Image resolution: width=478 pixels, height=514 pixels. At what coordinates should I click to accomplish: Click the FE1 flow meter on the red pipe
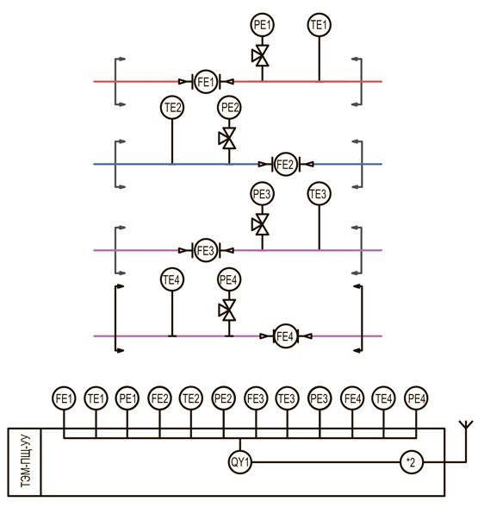coord(206,82)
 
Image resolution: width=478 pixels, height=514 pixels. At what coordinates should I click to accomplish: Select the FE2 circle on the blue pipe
coord(285,164)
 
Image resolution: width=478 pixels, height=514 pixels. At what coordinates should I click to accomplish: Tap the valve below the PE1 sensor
coord(262,56)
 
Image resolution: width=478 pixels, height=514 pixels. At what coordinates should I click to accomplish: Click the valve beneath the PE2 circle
coord(228,138)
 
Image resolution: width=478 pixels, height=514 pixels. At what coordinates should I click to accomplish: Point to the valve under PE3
coord(262,224)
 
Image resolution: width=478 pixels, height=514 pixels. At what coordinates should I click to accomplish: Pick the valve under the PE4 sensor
coord(228,310)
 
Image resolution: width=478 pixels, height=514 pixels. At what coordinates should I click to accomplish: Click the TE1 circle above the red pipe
coord(319,25)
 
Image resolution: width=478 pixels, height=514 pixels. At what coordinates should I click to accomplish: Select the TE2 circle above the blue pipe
coord(172,108)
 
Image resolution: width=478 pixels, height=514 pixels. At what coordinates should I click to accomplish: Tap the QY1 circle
coord(240,462)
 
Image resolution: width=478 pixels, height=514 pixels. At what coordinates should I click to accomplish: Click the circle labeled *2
coord(412,462)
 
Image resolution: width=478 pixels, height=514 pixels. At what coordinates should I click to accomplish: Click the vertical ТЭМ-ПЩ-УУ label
coord(25,462)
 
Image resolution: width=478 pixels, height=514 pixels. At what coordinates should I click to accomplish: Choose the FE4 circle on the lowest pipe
coord(285,336)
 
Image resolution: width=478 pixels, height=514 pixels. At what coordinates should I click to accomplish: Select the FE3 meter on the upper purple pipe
coord(206,250)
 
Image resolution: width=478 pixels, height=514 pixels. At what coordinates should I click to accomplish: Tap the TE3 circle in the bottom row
coord(287,398)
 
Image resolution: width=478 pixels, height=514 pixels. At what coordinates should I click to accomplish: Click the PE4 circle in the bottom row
coord(416,398)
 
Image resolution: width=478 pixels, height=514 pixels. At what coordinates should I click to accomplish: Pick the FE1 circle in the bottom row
coord(64,398)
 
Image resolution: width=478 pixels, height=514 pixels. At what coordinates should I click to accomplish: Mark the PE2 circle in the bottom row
coord(224,398)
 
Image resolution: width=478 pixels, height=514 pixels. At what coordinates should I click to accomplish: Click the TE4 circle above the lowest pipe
coord(172,279)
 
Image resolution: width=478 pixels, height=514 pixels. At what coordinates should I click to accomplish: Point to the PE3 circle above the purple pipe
coord(262,194)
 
